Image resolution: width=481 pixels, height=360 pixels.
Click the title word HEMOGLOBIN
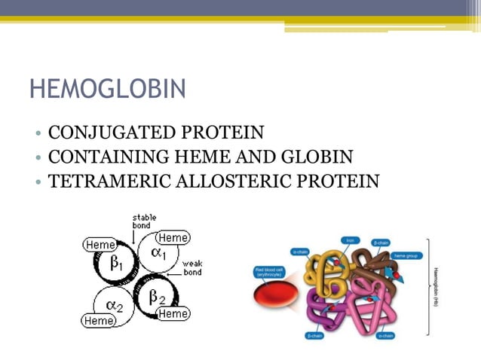107,89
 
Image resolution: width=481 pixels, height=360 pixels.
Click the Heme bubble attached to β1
100,245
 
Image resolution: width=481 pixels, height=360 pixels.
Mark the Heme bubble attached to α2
100,321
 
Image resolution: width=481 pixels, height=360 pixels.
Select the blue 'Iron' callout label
349,240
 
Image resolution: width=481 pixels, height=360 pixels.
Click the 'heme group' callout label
407,256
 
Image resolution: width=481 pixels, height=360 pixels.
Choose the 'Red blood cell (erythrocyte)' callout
268,271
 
